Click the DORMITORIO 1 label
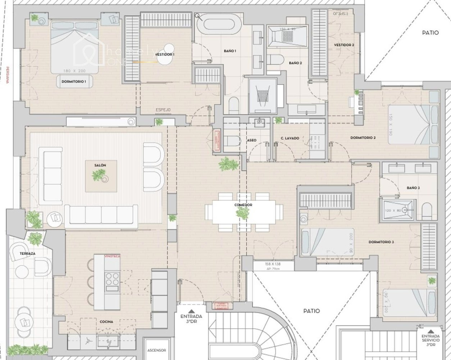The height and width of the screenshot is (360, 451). (73, 82)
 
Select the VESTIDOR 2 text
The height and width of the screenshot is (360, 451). (344, 45)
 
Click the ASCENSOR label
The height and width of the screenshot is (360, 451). (156, 350)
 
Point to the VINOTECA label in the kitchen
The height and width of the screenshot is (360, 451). (112, 256)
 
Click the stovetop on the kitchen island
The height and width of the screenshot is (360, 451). (112, 278)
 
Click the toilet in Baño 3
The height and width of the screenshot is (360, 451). (427, 211)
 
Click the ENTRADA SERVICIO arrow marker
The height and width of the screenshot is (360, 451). (430, 333)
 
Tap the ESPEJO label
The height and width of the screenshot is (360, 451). (163, 110)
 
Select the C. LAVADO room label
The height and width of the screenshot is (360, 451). (290, 138)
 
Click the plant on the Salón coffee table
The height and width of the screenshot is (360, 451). (98, 176)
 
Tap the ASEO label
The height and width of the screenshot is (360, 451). (252, 140)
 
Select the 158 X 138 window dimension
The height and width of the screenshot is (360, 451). (272, 264)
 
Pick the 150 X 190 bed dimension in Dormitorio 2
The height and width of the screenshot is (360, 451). (391, 125)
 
